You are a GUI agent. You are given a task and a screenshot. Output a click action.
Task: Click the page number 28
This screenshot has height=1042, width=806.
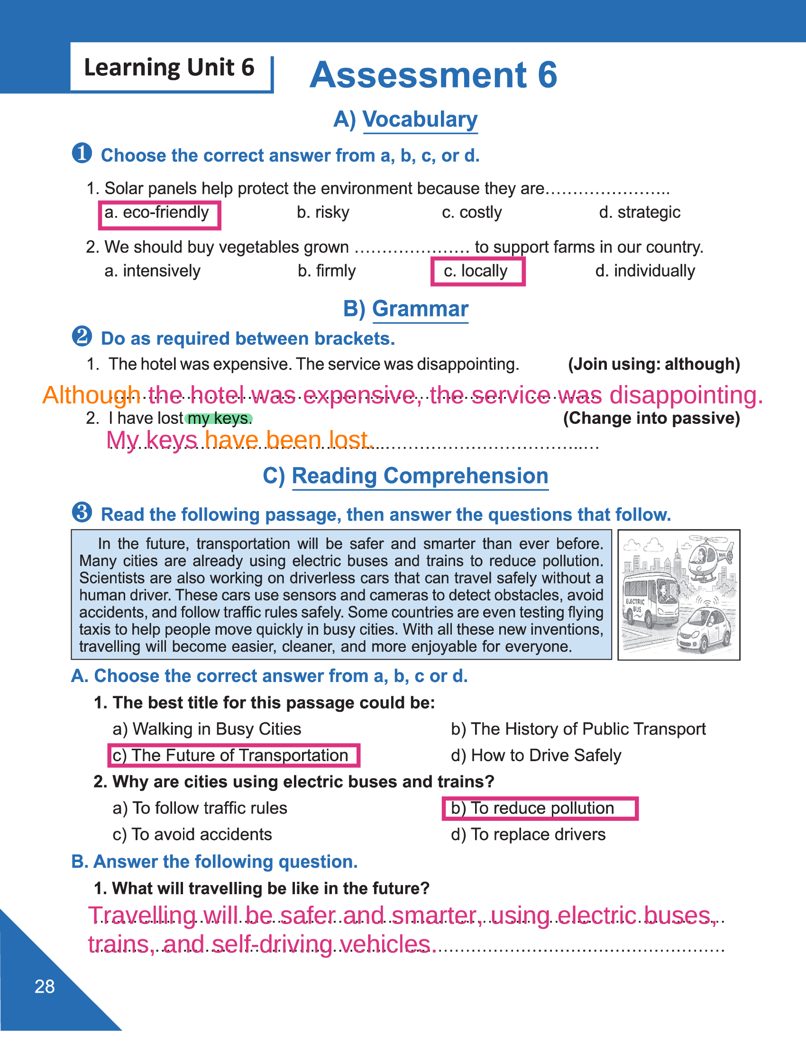[x=45, y=986]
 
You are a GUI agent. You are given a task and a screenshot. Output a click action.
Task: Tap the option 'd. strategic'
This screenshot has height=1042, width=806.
[x=640, y=212]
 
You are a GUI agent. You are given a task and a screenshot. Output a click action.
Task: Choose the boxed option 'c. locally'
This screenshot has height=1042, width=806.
[x=477, y=271]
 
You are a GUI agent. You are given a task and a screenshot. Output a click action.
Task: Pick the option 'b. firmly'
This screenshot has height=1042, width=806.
[x=327, y=271]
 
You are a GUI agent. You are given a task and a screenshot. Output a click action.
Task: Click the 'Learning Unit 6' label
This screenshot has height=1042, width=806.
[x=169, y=67]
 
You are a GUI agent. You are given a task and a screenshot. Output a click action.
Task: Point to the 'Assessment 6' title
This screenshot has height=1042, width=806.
[x=433, y=75]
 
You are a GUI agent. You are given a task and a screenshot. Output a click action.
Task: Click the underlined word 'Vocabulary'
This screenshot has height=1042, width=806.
[x=420, y=119]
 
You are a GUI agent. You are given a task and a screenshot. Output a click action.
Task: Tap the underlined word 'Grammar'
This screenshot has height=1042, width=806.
[x=420, y=309]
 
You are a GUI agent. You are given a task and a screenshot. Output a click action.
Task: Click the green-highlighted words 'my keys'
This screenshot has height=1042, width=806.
[x=218, y=418]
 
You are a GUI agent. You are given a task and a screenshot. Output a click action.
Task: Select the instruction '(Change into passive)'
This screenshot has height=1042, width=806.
[x=651, y=418]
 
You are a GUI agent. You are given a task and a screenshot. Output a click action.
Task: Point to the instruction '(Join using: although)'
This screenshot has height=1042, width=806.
[x=654, y=365]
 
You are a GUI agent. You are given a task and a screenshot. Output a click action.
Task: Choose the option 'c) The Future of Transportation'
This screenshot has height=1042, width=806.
[x=233, y=756]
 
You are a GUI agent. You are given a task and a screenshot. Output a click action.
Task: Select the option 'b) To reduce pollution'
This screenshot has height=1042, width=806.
[x=540, y=808]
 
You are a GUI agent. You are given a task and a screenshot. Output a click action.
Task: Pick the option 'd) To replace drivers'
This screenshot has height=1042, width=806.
[x=528, y=835]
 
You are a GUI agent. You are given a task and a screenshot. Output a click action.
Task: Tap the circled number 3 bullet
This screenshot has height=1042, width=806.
[x=82, y=513]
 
